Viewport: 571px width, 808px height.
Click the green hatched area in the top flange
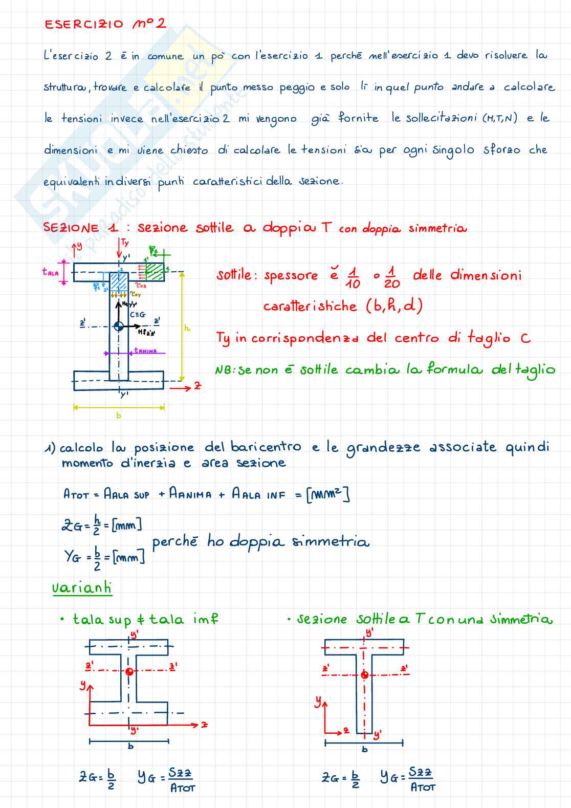[154, 272]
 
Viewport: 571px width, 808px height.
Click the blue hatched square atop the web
[119, 281]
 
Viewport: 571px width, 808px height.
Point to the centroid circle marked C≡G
[118, 326]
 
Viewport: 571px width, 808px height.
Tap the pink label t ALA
[50, 272]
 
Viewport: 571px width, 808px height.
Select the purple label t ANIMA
[145, 351]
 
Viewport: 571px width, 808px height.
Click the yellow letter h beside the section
[187, 327]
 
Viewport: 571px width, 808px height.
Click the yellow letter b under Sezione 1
[119, 415]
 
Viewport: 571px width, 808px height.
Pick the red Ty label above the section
[125, 243]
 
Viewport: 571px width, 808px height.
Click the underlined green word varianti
[82, 587]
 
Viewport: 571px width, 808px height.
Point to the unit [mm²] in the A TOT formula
[327, 494]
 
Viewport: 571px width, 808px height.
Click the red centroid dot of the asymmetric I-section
[129, 671]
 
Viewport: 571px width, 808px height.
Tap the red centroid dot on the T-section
[364, 675]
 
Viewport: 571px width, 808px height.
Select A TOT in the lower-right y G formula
[423, 787]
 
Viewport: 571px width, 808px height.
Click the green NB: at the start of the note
[225, 370]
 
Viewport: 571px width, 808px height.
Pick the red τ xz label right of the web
[141, 286]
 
